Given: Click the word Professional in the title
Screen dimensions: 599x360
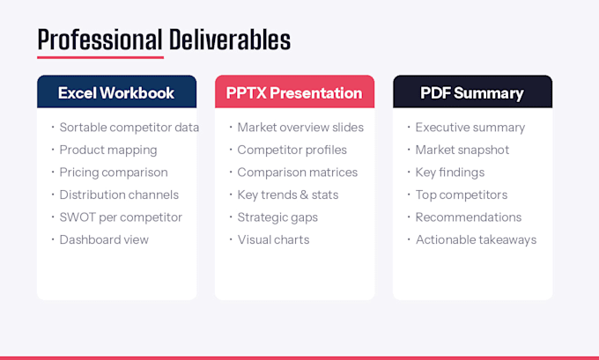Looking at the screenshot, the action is click(x=100, y=40).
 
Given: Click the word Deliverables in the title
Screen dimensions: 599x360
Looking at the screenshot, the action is click(x=230, y=40).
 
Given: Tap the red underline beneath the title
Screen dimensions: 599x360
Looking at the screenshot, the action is click(x=100, y=57).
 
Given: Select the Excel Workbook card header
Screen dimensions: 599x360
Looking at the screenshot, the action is click(x=116, y=92).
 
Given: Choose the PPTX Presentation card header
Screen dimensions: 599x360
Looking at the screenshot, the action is click(x=294, y=92).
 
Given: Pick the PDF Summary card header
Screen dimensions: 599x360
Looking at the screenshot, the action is click(x=472, y=92).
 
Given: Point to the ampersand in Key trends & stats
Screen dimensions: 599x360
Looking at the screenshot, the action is click(x=304, y=195).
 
